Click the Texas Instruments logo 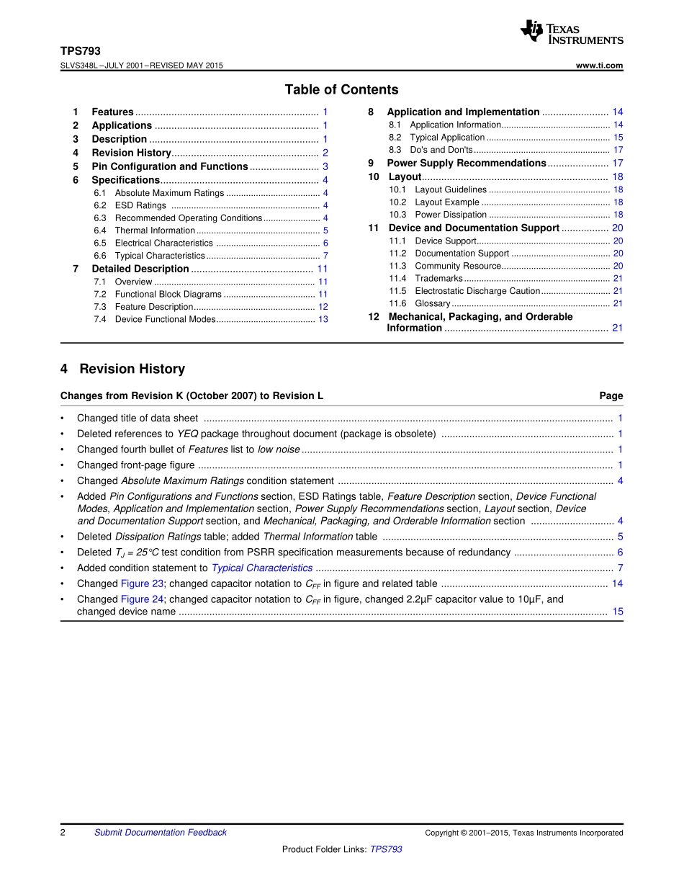(572, 32)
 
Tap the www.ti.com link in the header (599, 66)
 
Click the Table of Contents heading (341, 90)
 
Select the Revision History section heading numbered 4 (123, 369)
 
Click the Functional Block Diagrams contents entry (168, 295)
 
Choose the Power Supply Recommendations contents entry (466, 164)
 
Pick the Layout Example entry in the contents (446, 202)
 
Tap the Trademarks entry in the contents (438, 279)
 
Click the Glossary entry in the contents (432, 304)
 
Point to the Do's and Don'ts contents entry (441, 150)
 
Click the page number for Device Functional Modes (323, 320)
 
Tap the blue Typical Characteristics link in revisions (262, 568)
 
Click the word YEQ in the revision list (187, 434)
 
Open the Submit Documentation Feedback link (160, 833)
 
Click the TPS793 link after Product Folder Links (386, 850)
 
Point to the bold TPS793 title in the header (80, 51)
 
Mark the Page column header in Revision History (611, 396)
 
